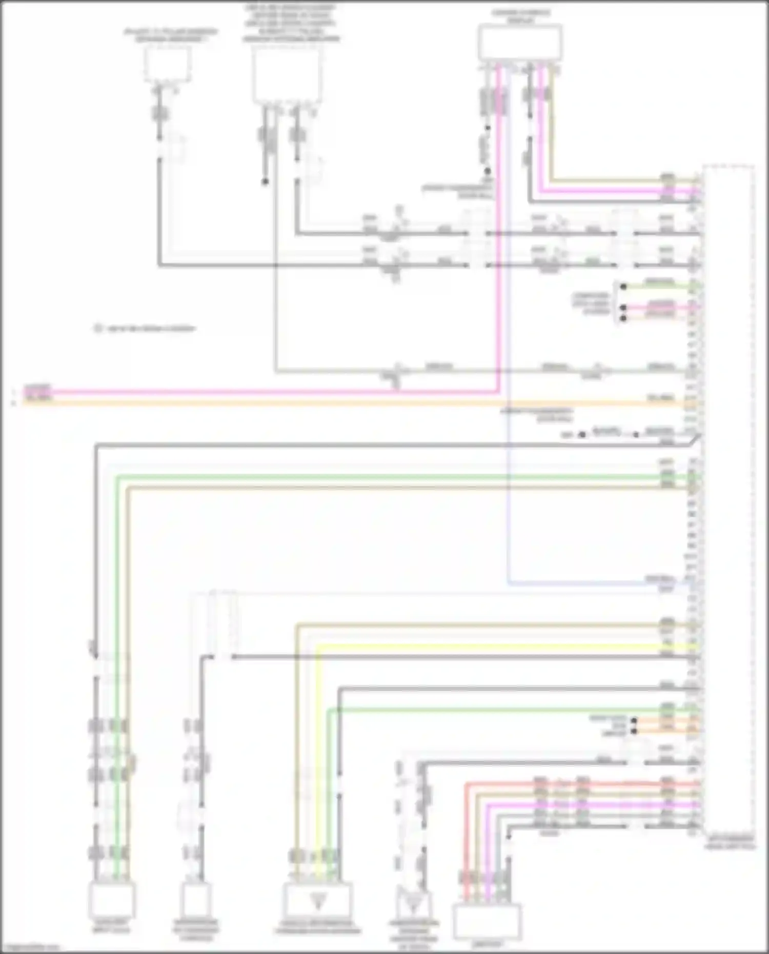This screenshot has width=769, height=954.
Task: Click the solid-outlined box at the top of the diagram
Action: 519,43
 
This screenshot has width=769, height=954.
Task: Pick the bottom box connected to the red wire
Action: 487,921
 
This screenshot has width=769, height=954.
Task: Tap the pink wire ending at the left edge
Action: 256,393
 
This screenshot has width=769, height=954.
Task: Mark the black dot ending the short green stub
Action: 623,287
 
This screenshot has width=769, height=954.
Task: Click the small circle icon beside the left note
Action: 98,329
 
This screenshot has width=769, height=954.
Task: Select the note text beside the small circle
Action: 151,329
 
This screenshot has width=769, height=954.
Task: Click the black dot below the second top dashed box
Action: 265,181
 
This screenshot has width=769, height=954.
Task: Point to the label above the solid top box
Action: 520,16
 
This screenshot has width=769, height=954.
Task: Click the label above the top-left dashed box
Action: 170,35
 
